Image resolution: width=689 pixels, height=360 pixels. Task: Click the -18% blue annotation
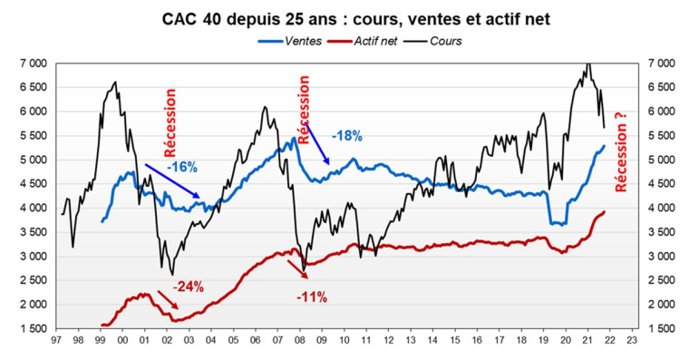pyautogui.click(x=346, y=135)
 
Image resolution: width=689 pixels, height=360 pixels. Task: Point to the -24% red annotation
pyautogui.click(x=189, y=287)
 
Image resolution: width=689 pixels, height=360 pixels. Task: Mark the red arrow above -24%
pyautogui.click(x=169, y=300)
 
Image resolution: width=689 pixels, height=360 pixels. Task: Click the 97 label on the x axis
pyautogui.click(x=57, y=343)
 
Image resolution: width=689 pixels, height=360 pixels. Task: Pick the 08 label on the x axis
pyautogui.click(x=300, y=343)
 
